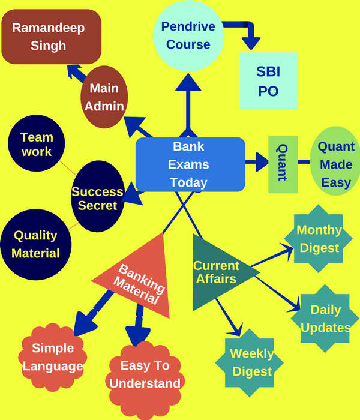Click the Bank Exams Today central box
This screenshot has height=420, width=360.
point(190,164)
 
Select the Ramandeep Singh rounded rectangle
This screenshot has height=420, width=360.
point(51,37)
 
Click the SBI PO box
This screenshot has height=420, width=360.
point(268,80)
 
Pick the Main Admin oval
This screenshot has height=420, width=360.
point(104,97)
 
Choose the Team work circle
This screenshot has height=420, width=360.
point(37,145)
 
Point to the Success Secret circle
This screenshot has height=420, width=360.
point(98,199)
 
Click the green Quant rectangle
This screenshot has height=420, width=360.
point(283,164)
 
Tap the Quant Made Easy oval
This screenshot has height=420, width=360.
point(335,164)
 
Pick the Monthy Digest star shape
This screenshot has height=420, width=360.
point(319,239)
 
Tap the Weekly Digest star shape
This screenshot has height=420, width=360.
point(251,362)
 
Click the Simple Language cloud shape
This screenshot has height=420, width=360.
point(53,357)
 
